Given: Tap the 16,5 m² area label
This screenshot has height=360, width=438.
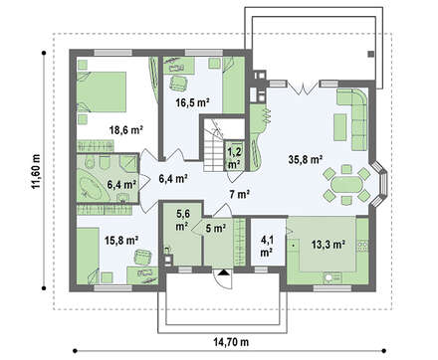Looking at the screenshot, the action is pyautogui.click(x=192, y=102).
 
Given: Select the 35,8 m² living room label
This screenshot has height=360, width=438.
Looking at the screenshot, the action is pyautogui.click(x=306, y=159).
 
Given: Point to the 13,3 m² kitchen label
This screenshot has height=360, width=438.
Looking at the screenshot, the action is pyautogui.click(x=328, y=245).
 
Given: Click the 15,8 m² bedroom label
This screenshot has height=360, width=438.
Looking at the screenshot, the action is pyautogui.click(x=121, y=240).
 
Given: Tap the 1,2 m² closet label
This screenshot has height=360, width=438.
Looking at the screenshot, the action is pyautogui.click(x=235, y=158).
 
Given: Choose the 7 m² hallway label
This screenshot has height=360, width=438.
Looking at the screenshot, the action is pyautogui.click(x=240, y=195).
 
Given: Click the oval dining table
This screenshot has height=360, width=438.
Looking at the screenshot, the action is pyautogui.click(x=346, y=184).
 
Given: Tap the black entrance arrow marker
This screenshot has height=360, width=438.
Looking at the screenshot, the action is pyautogui.click(x=224, y=272).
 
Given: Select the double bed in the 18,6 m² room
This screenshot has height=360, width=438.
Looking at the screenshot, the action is pyautogui.click(x=102, y=91).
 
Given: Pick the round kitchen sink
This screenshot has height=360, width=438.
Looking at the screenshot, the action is pyautogui.click(x=329, y=277).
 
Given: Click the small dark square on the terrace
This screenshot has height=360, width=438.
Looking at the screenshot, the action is pyautogui.click(x=370, y=54).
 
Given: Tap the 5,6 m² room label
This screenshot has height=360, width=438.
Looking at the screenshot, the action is pyautogui.click(x=182, y=220).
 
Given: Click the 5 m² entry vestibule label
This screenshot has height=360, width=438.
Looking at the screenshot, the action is pyautogui.click(x=216, y=228).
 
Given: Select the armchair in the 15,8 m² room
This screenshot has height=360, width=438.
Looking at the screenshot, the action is pyautogui.click(x=143, y=258).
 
